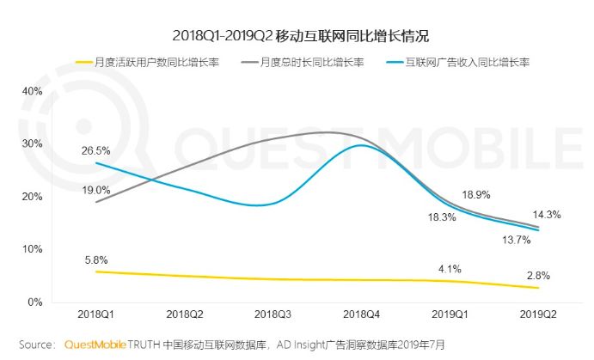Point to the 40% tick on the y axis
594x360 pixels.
coord(32,90)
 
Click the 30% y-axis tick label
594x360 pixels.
coord(32,143)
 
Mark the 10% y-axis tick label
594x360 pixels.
coord(32,249)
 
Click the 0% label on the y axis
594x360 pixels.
coord(35,302)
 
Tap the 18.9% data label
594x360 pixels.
coord(476,195)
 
